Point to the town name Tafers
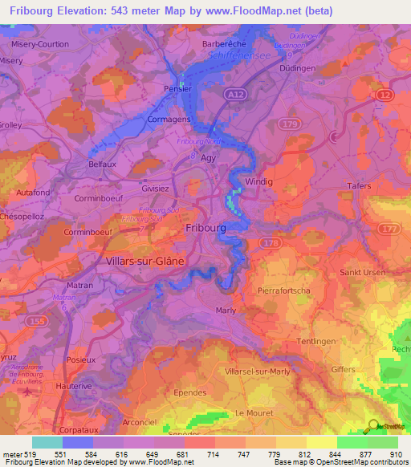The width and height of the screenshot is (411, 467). point(358,186)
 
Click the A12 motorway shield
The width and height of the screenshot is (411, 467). point(234,95)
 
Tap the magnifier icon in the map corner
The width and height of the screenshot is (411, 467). point(373,426)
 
